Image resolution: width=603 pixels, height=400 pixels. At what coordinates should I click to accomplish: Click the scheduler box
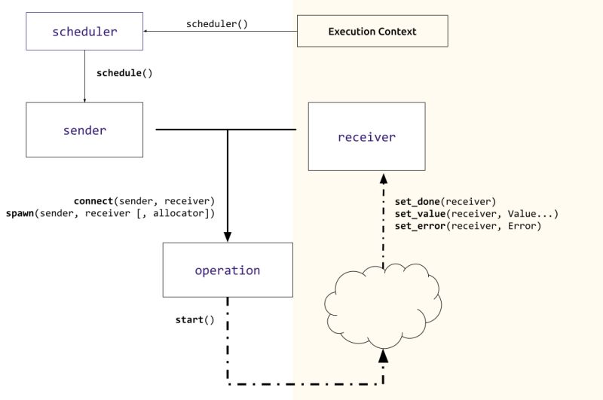pyautogui.click(x=84, y=32)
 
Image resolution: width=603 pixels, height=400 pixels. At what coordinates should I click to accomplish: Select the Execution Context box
pyautogui.click(x=372, y=32)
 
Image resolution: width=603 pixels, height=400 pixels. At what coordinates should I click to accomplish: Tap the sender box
pyautogui.click(x=84, y=130)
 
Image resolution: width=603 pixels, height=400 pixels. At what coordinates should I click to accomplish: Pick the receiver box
pyautogui.click(x=366, y=137)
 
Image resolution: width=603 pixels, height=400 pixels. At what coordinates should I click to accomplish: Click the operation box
pyautogui.click(x=228, y=270)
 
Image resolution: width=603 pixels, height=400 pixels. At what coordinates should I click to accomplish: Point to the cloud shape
pyautogui.click(x=383, y=304)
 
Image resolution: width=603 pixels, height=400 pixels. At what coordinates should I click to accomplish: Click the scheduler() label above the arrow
pyautogui.click(x=217, y=24)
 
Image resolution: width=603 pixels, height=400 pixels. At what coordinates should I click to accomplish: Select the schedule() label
pyautogui.click(x=124, y=73)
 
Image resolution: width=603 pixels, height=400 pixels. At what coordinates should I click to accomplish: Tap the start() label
pyautogui.click(x=194, y=319)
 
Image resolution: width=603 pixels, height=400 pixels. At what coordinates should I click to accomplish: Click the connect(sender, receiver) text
pyautogui.click(x=144, y=201)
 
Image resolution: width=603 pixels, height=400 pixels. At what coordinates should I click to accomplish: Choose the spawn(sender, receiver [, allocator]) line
pyautogui.click(x=110, y=214)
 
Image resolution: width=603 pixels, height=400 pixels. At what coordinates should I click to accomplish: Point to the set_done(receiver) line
pyautogui.click(x=445, y=201)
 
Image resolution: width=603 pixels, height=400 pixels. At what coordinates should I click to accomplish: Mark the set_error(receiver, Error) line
pyautogui.click(x=467, y=226)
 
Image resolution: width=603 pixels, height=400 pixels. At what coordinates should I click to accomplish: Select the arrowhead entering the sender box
pyautogui.click(x=84, y=99)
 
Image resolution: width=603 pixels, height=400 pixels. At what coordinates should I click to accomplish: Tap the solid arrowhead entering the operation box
pyautogui.click(x=228, y=237)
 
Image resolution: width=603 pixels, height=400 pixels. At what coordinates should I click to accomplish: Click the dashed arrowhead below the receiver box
pyautogui.click(x=383, y=178)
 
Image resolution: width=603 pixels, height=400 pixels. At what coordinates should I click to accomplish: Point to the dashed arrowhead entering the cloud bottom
pyautogui.click(x=383, y=354)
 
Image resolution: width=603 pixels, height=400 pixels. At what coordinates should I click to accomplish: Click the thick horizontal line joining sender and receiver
pyautogui.click(x=226, y=130)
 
